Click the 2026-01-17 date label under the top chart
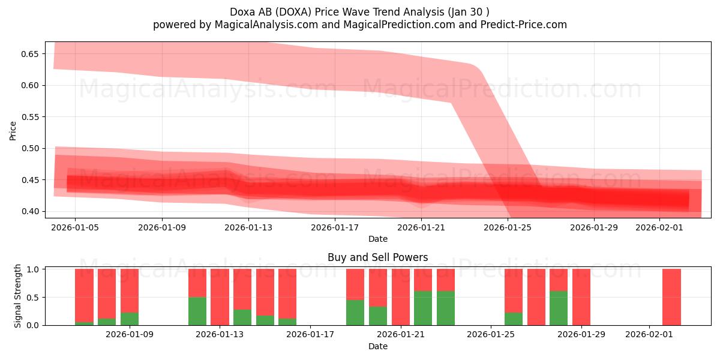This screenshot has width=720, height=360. pos(334,227)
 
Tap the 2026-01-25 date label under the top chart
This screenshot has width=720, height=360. pos(508,227)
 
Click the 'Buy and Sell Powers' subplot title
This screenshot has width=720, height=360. pos(377,257)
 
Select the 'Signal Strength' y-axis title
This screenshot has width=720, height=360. pos(18,296)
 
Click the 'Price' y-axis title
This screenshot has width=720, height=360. pos(13,130)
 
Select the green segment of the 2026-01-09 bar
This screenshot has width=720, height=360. pos(130,319)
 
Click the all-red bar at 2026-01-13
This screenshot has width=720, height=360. pos(220,297)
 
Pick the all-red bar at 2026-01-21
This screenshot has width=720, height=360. pos(400,297)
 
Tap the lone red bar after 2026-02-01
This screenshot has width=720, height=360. pos(671,297)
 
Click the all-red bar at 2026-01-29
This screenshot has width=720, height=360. pos(581,297)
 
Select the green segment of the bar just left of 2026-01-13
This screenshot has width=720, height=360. pos(197,311)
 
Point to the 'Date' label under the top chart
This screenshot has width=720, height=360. pos(377,239)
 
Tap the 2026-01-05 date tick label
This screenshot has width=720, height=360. pos(75,227)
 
